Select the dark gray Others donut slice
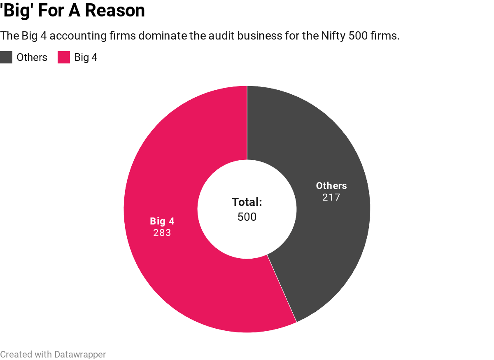(x=329, y=247)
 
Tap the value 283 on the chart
(x=162, y=233)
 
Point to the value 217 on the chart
(x=331, y=197)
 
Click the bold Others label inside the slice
(x=331, y=186)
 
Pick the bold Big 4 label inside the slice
(x=162, y=221)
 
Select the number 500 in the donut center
(x=247, y=217)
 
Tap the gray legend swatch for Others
(x=6, y=57)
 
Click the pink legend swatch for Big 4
(x=64, y=57)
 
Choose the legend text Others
(x=32, y=57)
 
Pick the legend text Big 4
(x=86, y=57)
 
